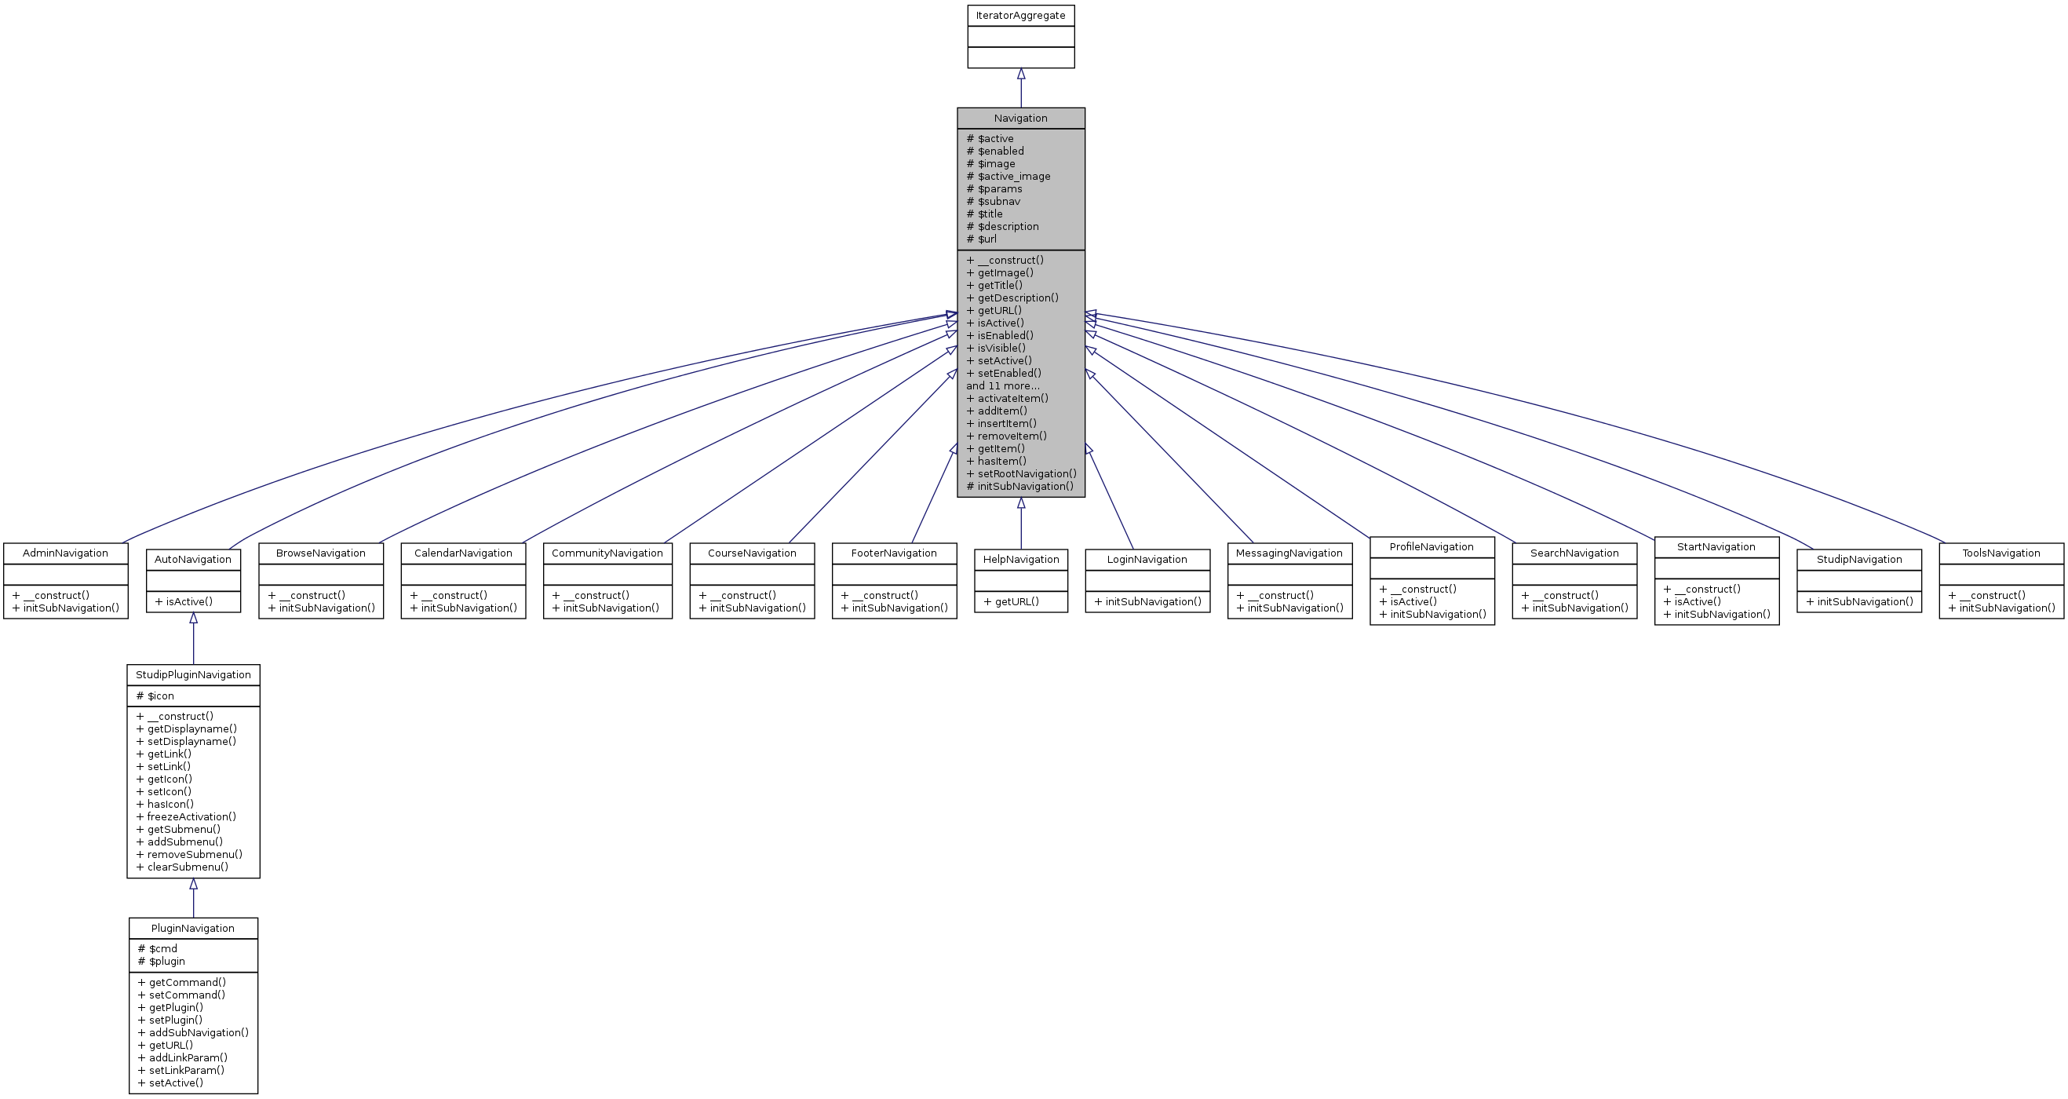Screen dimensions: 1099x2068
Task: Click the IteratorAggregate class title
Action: [x=1020, y=15]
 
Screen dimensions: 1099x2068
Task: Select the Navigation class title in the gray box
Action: [x=1020, y=118]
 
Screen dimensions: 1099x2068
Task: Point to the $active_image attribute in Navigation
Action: [x=1013, y=177]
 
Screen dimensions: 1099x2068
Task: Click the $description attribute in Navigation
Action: [x=1008, y=226]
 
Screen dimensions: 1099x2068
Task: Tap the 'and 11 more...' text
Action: [x=1003, y=386]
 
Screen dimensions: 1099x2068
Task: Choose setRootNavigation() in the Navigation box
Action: [x=1027, y=473]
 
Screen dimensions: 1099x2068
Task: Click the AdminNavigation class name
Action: [x=65, y=553]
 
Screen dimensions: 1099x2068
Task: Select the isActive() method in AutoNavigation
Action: [x=188, y=601]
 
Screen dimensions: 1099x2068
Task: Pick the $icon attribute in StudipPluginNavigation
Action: [x=160, y=696]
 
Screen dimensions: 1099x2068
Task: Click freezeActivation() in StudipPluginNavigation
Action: [x=191, y=816]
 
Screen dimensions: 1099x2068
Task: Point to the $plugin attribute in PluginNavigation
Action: [x=166, y=961]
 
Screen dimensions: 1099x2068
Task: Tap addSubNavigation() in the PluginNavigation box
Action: [x=199, y=1032]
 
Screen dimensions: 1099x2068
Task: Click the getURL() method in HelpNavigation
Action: [x=1016, y=601]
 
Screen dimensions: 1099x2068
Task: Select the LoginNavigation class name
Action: [x=1147, y=560]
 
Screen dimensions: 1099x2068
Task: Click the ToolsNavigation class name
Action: [x=2001, y=553]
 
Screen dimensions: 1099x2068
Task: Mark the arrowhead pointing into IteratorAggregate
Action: [x=1021, y=74]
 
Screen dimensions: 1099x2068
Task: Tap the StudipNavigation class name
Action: [x=1858, y=560]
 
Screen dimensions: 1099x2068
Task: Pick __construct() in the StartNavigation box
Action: [x=1707, y=590]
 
